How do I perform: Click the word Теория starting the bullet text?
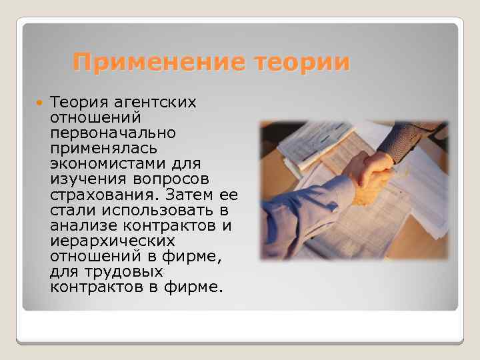point(79,103)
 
